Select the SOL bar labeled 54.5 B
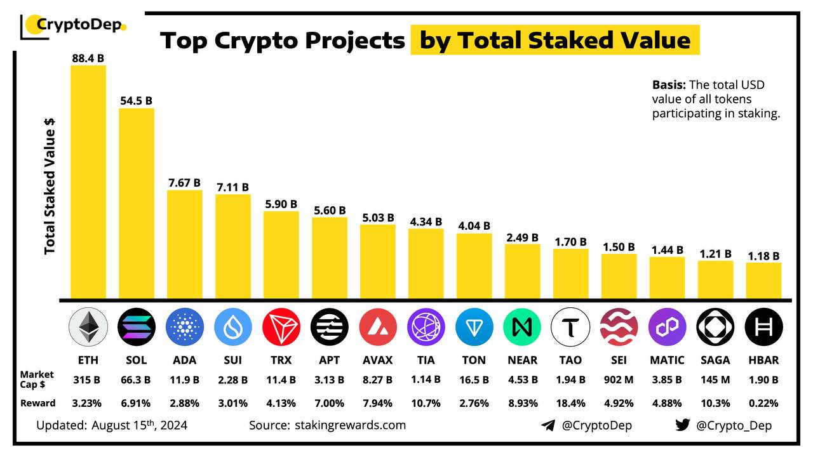tap(137, 203)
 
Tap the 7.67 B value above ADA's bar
tap(184, 183)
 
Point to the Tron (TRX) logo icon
tap(281, 327)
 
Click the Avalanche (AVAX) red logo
tap(377, 327)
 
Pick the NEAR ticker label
tap(522, 360)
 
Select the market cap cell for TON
tap(474, 380)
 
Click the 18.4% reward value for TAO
tap(570, 403)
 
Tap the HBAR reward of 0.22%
tap(763, 403)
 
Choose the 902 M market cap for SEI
tap(619, 380)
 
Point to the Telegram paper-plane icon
tap(548, 425)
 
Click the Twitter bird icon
tap(683, 425)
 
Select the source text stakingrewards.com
tap(350, 425)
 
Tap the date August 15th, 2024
tap(139, 425)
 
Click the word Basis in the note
tap(668, 85)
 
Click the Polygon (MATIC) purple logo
tap(667, 327)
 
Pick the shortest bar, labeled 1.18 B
tap(763, 281)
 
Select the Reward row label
tap(38, 403)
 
